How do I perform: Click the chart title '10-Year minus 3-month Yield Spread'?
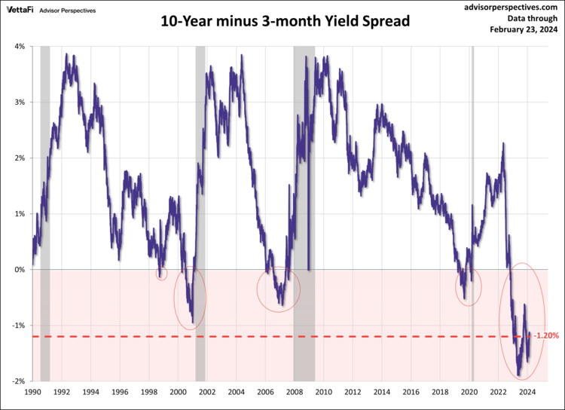[286, 21]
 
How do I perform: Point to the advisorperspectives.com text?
[509, 6]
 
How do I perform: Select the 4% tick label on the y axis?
[19, 47]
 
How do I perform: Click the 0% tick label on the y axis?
[19, 270]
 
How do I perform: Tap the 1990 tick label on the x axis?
[32, 393]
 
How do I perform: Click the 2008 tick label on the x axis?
[295, 393]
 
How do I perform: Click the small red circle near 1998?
[161, 274]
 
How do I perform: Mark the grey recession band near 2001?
[200, 211]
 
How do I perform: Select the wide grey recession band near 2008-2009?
[304, 211]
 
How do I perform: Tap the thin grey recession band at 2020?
[472, 211]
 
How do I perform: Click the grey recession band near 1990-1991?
[44, 211]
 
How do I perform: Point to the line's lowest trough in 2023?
[519, 374]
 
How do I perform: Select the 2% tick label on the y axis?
[19, 158]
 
